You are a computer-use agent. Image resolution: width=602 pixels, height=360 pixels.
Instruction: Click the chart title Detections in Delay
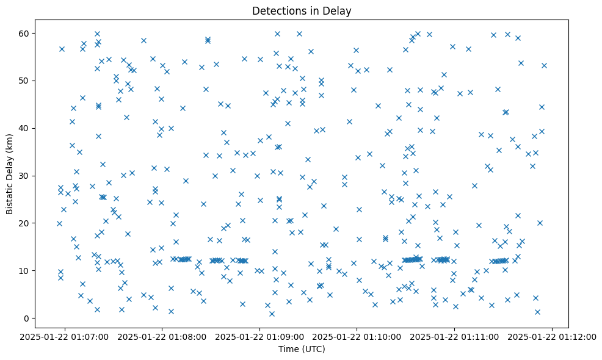[x=302, y=11]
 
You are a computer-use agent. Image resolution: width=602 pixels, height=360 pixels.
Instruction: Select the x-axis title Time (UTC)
[x=302, y=349]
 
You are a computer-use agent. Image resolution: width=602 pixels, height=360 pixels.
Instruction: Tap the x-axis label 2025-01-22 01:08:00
[x=162, y=336]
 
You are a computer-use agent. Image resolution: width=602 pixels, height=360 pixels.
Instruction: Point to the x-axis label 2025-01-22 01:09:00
[x=260, y=336]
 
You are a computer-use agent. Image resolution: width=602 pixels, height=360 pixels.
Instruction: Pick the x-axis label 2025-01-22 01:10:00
[x=357, y=336]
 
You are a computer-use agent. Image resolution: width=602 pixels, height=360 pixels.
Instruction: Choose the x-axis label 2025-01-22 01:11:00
[x=455, y=336]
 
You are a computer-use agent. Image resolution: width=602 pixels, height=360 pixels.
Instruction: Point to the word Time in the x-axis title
[x=288, y=349]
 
